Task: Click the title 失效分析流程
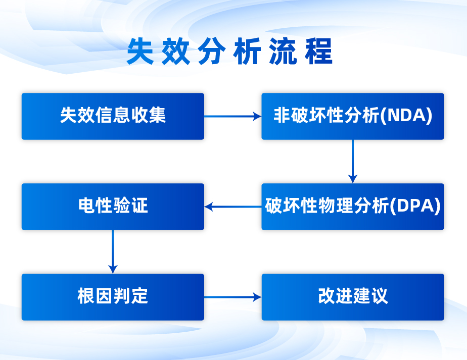[x=229, y=52]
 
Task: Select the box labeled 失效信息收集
[x=113, y=116]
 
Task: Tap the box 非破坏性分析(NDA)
[x=353, y=116]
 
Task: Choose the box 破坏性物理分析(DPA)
[x=353, y=207]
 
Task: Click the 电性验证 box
[x=113, y=207]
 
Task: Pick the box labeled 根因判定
[x=113, y=297]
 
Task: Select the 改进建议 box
[x=353, y=297]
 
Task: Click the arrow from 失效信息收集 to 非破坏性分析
[x=233, y=116]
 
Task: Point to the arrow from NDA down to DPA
[x=353, y=162]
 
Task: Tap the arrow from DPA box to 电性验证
[x=233, y=207]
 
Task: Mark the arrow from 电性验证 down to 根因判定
[x=113, y=252]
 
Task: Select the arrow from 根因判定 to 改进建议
[x=233, y=297]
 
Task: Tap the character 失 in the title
[x=140, y=51]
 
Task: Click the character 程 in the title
[x=319, y=51]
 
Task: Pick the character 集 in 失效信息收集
[x=157, y=115]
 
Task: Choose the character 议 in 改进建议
[x=380, y=296]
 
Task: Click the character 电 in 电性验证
[x=86, y=205]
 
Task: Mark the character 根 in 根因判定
[x=86, y=296]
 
